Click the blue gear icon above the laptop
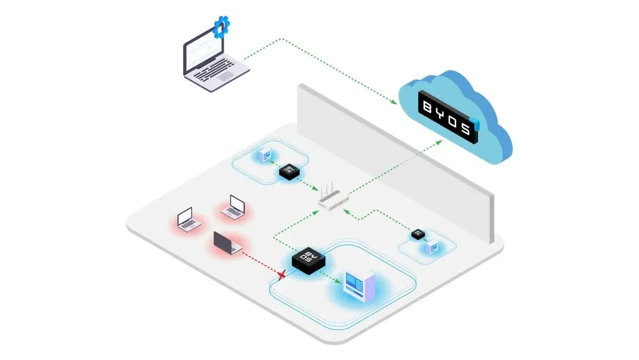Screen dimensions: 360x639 pyautogui.click(x=222, y=25)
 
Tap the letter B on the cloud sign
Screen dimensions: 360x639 pyautogui.click(x=427, y=106)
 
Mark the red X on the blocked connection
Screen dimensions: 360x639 pyautogui.click(x=283, y=274)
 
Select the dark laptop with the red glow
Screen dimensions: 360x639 pyautogui.click(x=225, y=243)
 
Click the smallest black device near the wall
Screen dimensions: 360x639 pyautogui.click(x=419, y=234)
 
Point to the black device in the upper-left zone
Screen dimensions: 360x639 pyautogui.click(x=289, y=172)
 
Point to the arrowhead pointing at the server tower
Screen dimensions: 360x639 pyautogui.click(x=340, y=282)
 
